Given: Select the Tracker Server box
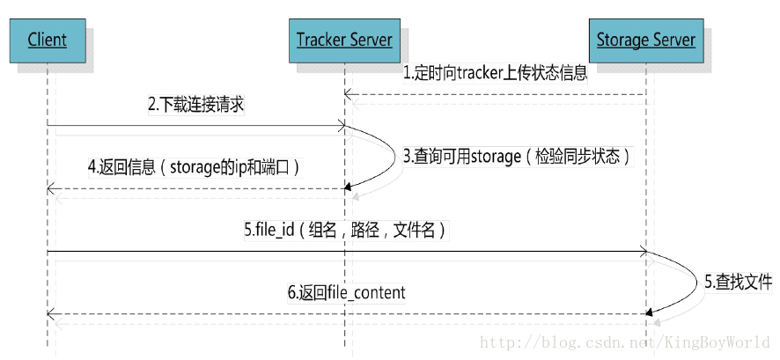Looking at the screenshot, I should pyautogui.click(x=343, y=40).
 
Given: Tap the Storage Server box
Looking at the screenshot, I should pyautogui.click(x=645, y=40).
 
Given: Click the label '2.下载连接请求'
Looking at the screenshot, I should pyautogui.click(x=195, y=105).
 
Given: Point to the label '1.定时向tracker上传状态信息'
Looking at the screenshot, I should pyautogui.click(x=495, y=74).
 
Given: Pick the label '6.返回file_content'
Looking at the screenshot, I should pyautogui.click(x=346, y=292).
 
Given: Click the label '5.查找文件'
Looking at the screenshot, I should pyautogui.click(x=738, y=283).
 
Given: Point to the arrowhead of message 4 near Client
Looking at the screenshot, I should pyautogui.click(x=52, y=188).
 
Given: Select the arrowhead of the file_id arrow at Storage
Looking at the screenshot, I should pyautogui.click(x=643, y=253).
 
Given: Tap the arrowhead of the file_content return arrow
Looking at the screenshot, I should pyautogui.click(x=52, y=313).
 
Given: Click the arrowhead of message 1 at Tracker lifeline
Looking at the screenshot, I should pyautogui.click(x=349, y=94).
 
